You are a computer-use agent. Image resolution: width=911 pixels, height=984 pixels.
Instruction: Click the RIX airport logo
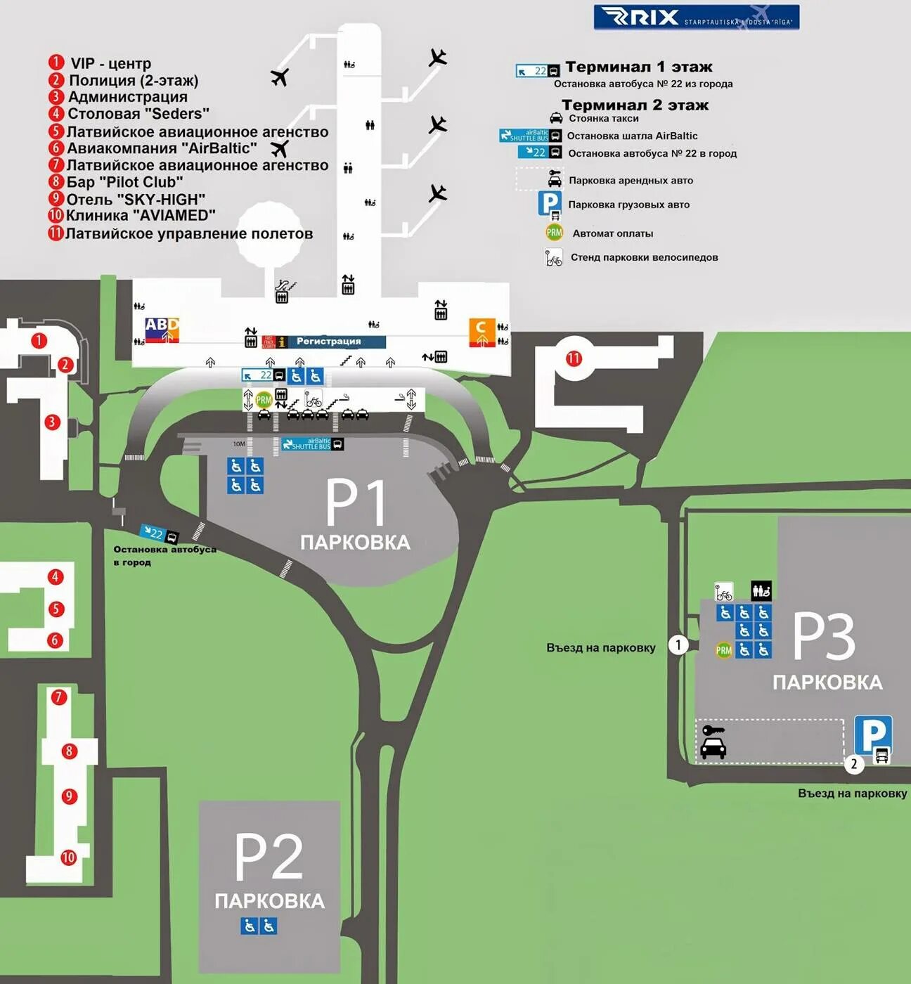pyautogui.click(x=696, y=17)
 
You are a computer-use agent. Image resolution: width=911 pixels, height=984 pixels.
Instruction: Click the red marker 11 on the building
pyautogui.click(x=574, y=358)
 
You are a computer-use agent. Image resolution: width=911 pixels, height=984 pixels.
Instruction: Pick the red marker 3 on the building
pyautogui.click(x=52, y=422)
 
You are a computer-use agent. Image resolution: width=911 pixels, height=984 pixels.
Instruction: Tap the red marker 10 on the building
pyautogui.click(x=68, y=857)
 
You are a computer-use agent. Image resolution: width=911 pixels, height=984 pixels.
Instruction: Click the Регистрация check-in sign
pyautogui.click(x=328, y=342)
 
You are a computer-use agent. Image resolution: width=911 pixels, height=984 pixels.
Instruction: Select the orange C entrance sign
pyautogui.click(x=482, y=332)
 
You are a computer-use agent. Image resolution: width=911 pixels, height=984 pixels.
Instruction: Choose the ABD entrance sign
pyautogui.click(x=162, y=330)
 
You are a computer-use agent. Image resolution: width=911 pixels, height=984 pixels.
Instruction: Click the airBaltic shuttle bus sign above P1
pyautogui.click(x=313, y=444)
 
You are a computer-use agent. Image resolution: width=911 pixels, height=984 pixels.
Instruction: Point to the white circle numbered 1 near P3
pyautogui.click(x=678, y=645)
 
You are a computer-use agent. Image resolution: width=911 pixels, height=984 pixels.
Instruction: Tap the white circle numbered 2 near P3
pyautogui.click(x=854, y=764)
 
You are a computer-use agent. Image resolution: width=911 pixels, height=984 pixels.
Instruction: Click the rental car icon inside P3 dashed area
pyautogui.click(x=713, y=743)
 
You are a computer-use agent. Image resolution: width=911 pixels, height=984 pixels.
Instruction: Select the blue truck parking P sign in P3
pyautogui.click(x=873, y=737)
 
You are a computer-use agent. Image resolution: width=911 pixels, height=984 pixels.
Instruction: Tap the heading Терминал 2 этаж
pyautogui.click(x=635, y=105)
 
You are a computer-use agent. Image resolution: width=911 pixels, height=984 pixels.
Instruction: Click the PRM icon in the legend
pyautogui.click(x=555, y=233)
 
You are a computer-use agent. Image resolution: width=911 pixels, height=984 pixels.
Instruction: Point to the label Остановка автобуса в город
pyautogui.click(x=164, y=555)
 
